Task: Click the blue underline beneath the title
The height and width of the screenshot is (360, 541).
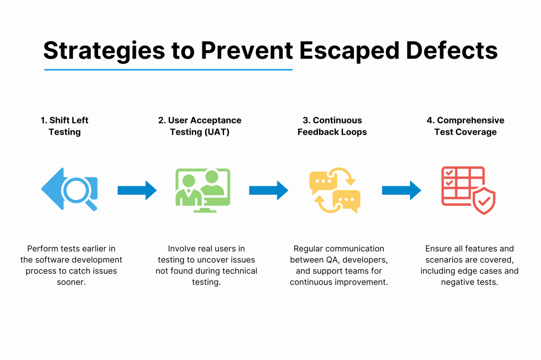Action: click(x=168, y=70)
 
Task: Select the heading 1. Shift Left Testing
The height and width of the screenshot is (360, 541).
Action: click(x=64, y=126)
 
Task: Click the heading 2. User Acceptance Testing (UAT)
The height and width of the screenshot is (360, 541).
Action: click(x=200, y=126)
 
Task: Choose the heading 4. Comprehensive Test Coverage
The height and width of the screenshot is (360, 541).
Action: click(x=465, y=126)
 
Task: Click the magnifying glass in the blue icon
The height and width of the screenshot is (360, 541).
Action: click(x=77, y=191)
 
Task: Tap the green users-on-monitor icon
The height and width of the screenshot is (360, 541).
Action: click(x=203, y=190)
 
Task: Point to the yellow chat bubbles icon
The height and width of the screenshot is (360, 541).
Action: click(x=334, y=190)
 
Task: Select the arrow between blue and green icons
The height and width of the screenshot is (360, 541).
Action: click(x=137, y=190)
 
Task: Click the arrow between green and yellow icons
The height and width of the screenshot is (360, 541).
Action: click(x=268, y=190)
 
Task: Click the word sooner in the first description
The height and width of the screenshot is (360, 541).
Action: click(x=71, y=282)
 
